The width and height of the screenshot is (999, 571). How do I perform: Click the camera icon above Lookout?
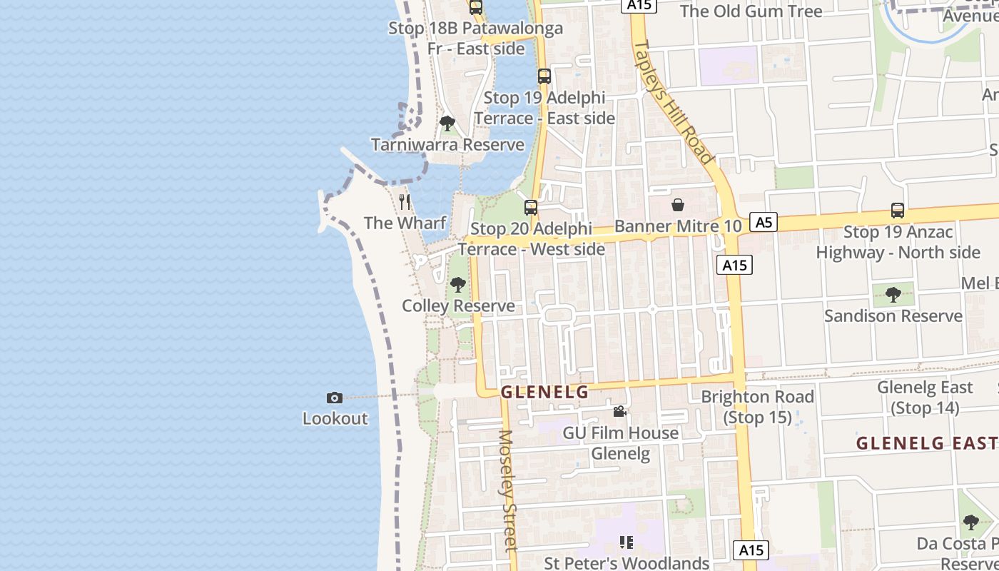pos(334,398)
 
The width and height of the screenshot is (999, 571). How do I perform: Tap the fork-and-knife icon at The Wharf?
pos(405,201)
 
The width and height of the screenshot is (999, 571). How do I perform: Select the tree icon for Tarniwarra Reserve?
pos(447,123)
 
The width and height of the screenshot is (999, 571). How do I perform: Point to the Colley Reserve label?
pos(458,306)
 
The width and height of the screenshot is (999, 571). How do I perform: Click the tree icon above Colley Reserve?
pos(458,285)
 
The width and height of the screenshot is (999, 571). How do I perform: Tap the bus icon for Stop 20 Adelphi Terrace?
pos(530,208)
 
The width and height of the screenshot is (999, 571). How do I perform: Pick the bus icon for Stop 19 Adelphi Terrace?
pos(544,76)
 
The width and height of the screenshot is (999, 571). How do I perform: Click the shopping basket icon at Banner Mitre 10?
pos(677,205)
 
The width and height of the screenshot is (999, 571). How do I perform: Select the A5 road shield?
pos(764,222)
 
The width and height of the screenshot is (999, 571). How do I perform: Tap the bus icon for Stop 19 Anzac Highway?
pos(898,211)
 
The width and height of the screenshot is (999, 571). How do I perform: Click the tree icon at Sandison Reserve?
pos(893,294)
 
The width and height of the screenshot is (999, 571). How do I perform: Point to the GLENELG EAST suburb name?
pos(926,443)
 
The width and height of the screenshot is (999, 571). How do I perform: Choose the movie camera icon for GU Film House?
pos(619,412)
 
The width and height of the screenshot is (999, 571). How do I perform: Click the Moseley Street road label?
pos(507,491)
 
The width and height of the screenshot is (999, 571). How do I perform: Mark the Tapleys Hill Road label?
pos(674,101)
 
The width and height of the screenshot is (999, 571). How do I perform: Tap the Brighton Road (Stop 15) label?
pos(757,407)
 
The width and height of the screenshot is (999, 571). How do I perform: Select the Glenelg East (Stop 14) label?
pos(925,398)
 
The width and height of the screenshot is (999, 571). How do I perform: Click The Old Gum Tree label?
pos(751,11)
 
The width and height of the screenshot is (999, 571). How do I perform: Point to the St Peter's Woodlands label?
pos(626,563)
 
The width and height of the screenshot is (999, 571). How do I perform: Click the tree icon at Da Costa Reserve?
pos(970,522)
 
